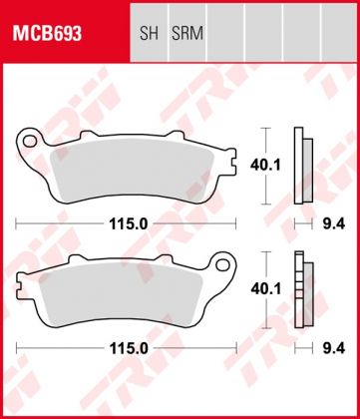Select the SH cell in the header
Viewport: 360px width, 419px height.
pos(148,33)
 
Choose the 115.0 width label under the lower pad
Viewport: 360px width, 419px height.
pos(128,348)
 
